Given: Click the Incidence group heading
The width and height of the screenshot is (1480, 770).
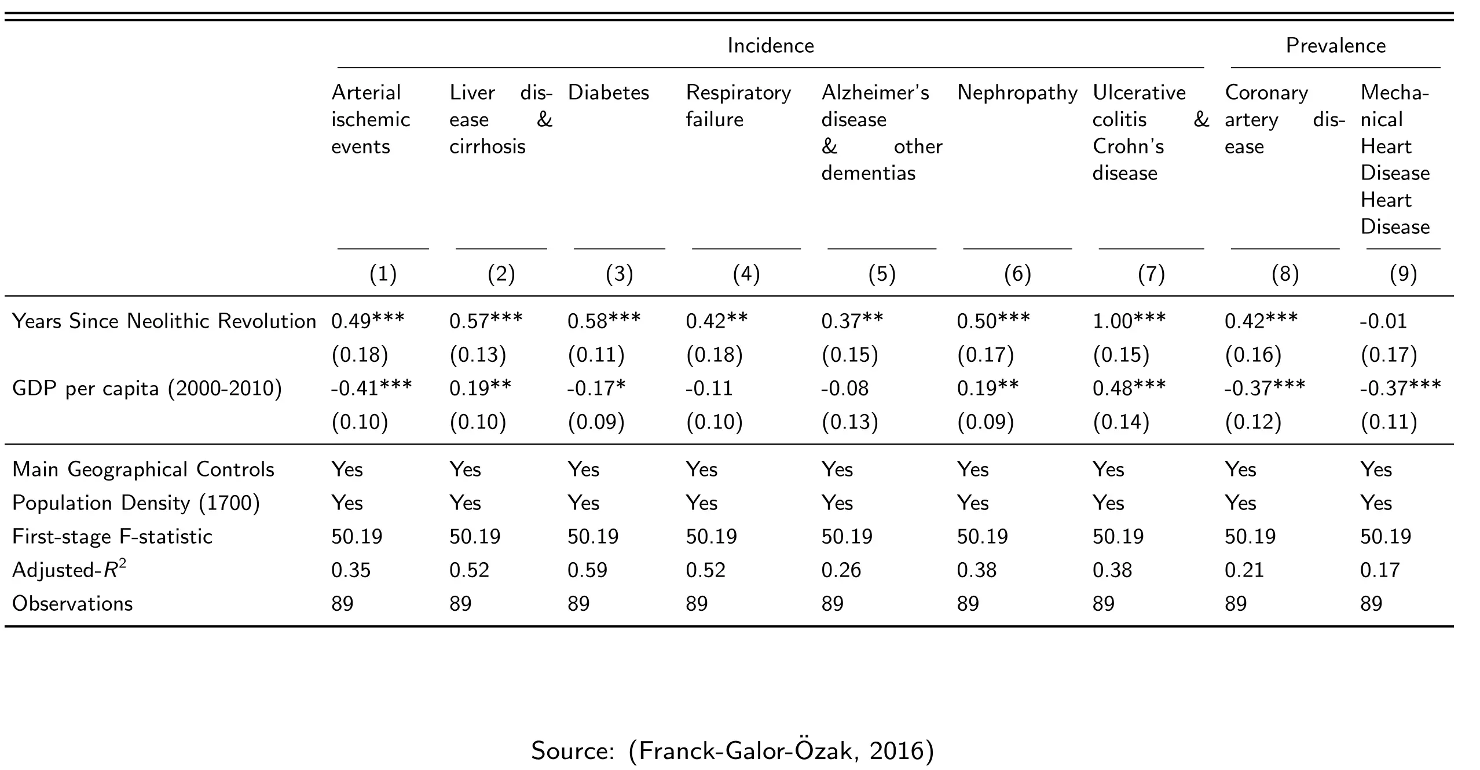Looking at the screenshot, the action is (x=771, y=46).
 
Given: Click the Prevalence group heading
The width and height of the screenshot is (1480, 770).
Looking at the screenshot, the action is (x=1336, y=46).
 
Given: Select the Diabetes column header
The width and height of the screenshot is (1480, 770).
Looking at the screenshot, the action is (x=609, y=93).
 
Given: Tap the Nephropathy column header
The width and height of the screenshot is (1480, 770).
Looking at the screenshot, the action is (x=1017, y=93).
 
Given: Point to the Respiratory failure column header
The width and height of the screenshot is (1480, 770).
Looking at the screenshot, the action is (x=738, y=107).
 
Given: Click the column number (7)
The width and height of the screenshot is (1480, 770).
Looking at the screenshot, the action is (x=1151, y=274).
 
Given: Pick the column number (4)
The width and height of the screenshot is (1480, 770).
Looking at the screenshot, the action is (x=746, y=274).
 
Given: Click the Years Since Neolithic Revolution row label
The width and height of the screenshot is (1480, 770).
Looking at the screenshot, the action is (x=164, y=321).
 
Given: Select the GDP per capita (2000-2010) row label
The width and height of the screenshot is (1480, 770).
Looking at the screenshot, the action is (x=147, y=388).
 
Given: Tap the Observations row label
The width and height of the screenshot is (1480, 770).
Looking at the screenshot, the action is (x=72, y=604).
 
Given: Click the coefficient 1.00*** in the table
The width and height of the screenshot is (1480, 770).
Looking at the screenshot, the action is (x=1129, y=320).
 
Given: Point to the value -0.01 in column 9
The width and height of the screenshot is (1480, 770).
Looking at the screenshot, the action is (x=1383, y=321).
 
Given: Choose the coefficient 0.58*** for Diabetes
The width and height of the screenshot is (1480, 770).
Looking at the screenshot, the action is (x=604, y=320).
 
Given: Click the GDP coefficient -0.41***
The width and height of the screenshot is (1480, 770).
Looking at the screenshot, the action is (x=371, y=387).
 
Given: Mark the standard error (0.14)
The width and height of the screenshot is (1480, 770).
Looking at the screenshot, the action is (x=1121, y=422).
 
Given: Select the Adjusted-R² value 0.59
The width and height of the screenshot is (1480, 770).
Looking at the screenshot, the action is (x=587, y=570).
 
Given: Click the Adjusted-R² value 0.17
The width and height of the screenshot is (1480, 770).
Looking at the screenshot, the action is (x=1380, y=570).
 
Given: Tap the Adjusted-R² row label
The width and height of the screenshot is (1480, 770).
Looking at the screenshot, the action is (x=69, y=570).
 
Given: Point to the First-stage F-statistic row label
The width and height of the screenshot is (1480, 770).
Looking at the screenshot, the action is (x=112, y=537).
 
